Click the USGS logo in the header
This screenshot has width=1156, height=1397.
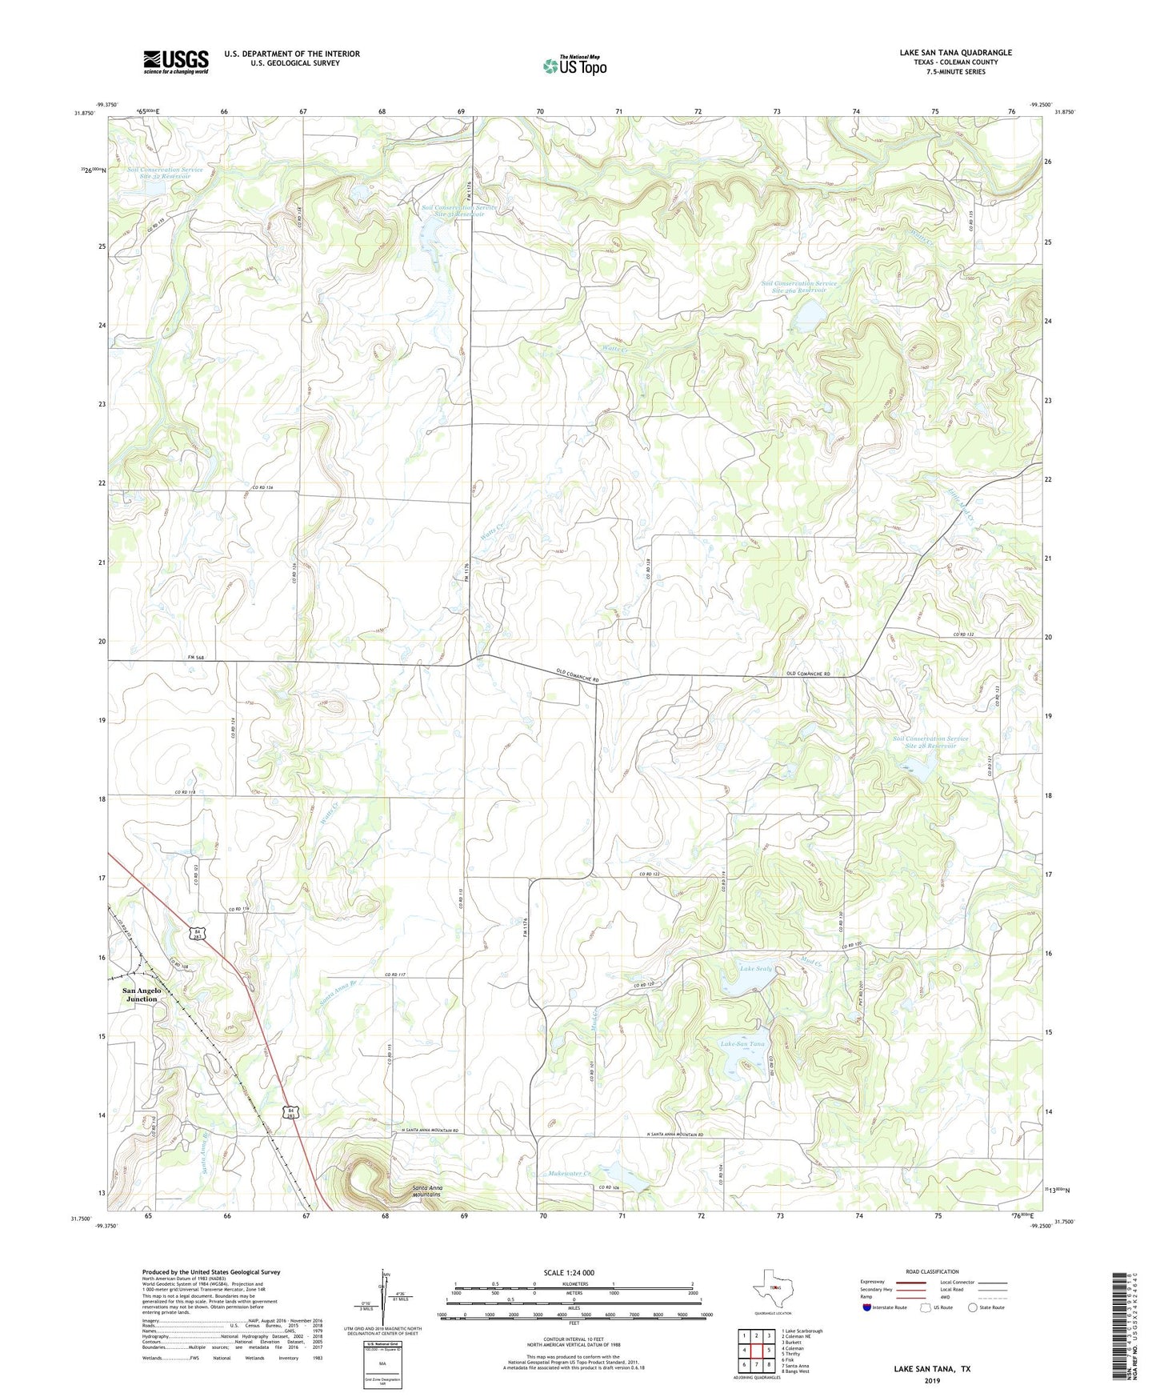tap(175, 62)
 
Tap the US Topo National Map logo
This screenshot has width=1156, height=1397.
tap(574, 66)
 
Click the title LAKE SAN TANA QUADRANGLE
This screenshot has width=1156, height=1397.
tap(955, 53)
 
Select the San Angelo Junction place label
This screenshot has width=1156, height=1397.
tap(142, 995)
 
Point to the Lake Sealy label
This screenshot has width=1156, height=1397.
tap(755, 969)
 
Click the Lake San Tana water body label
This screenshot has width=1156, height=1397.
tap(744, 1044)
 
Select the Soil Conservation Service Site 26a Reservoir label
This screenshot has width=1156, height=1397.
tap(798, 286)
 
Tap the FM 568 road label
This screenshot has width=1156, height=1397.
tap(196, 658)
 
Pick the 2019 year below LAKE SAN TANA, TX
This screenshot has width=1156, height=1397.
tap(932, 1380)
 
